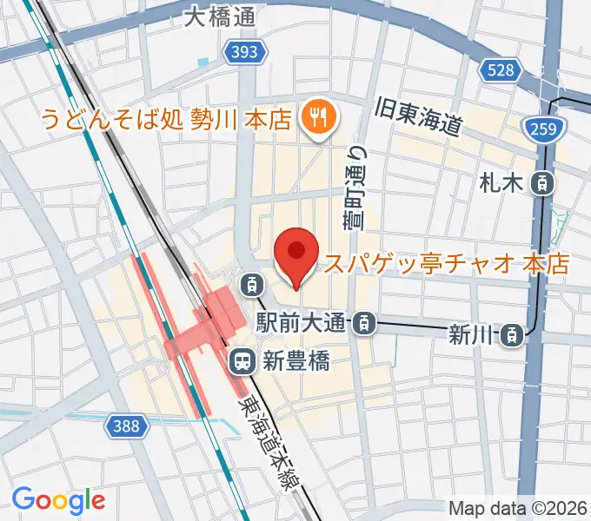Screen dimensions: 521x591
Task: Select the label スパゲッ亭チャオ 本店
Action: pos(446,263)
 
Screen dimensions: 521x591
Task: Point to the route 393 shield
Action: pos(244,53)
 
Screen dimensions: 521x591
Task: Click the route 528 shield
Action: pos(501,70)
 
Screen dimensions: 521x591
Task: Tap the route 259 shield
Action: pos(545,129)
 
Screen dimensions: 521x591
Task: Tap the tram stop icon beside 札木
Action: pos(543,182)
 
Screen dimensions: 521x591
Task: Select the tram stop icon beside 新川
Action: pos(515,333)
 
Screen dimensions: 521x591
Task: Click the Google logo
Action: pos(58,499)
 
